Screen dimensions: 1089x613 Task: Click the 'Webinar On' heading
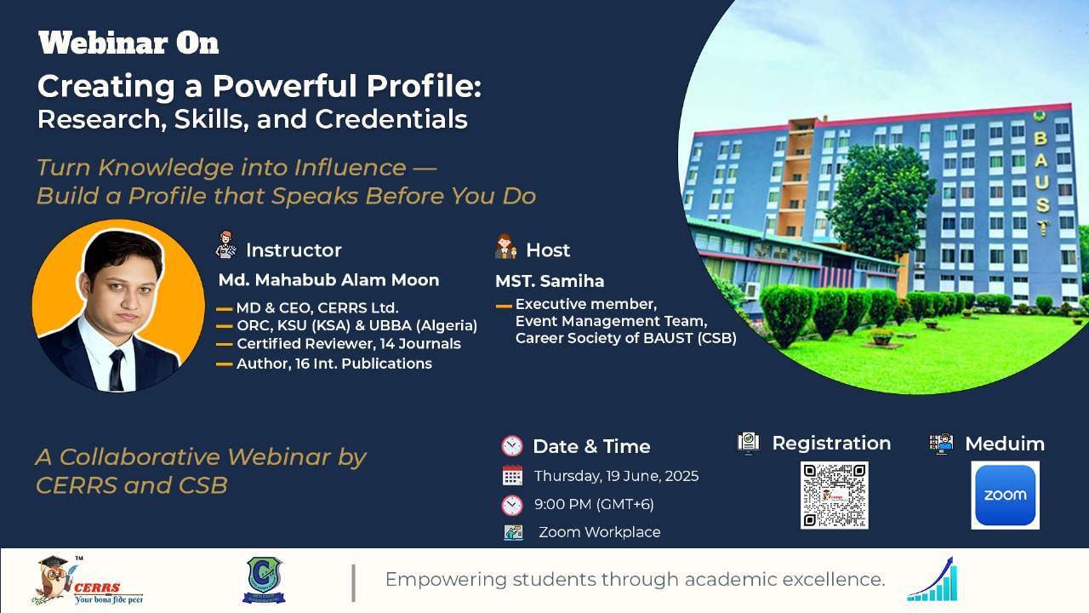(128, 43)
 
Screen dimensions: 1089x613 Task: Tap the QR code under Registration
(835, 496)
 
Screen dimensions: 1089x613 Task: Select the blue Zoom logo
(1005, 496)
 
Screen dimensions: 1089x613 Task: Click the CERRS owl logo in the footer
(88, 580)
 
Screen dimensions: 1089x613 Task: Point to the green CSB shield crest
(264, 580)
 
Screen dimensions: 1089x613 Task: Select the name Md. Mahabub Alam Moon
(328, 280)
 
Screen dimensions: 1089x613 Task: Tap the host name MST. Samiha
(550, 281)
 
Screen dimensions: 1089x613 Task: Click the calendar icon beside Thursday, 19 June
(512, 476)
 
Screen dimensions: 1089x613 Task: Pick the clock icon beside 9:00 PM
(512, 505)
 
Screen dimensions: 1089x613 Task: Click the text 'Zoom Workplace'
(600, 532)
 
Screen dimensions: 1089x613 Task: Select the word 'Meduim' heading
(1005, 444)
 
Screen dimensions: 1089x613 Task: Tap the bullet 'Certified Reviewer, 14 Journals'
(349, 344)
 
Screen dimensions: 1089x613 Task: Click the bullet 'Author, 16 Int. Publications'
(334, 364)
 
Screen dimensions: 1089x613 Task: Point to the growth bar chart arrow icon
(932, 579)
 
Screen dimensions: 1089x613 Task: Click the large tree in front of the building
(880, 204)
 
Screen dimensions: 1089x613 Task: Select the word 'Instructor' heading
(294, 250)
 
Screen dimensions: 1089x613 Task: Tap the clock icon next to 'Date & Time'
(512, 446)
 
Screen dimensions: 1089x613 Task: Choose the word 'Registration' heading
(831, 444)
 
